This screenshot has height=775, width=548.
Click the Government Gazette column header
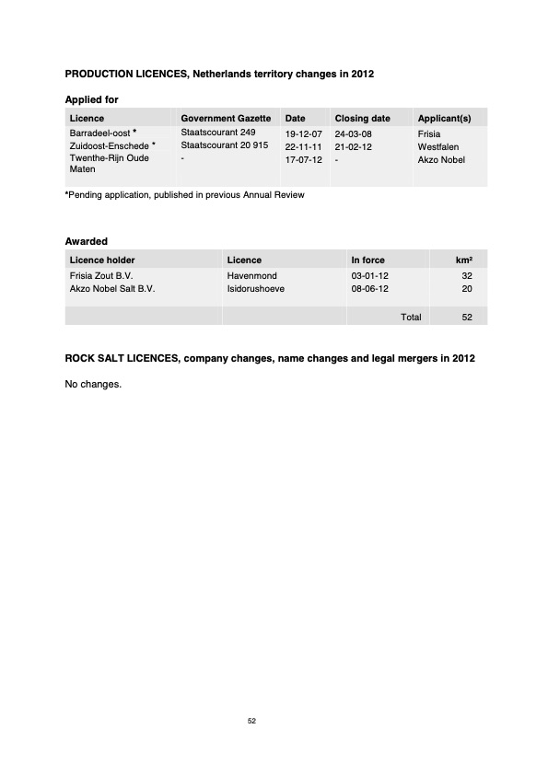point(225,119)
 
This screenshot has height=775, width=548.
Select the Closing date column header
point(362,119)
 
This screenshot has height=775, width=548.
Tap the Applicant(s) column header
point(444,119)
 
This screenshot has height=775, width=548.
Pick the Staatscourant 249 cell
point(217,133)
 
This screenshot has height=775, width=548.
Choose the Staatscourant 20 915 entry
point(224,146)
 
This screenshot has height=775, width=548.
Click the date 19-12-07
point(303,134)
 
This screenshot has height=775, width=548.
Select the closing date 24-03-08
point(353,134)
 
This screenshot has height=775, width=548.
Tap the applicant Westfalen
point(438,147)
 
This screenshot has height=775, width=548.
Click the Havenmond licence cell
point(251,275)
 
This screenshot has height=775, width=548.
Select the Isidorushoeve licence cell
point(255,288)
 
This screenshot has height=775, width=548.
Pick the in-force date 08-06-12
point(370,288)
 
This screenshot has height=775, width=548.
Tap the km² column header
point(464,260)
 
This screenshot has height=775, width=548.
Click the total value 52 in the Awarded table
point(466,317)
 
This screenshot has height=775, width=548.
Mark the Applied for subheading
point(91,99)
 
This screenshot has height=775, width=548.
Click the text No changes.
point(93,384)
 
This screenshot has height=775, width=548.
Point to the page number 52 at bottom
point(251,721)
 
